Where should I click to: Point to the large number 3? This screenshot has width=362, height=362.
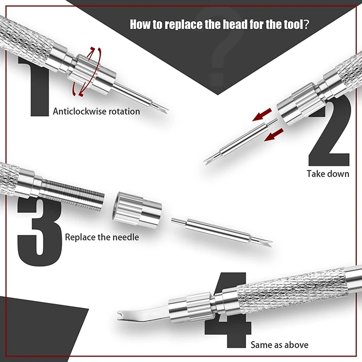coord(39,231)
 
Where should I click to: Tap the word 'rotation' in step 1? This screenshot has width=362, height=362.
coord(124,111)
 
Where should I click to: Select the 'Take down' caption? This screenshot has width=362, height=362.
coord(328,174)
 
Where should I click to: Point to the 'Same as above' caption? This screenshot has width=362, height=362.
coord(279,345)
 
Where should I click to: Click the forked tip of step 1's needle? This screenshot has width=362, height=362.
coord(165,110)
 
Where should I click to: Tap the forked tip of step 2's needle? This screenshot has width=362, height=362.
coord(207,161)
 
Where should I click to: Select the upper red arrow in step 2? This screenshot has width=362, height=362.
coord(262,114)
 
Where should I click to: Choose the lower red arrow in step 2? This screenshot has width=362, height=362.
coord(274,135)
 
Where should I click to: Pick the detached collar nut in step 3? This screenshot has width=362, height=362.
coord(137,209)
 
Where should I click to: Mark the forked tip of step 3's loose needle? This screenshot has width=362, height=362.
coord(268,243)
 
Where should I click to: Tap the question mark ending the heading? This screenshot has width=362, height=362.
coord(306,24)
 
